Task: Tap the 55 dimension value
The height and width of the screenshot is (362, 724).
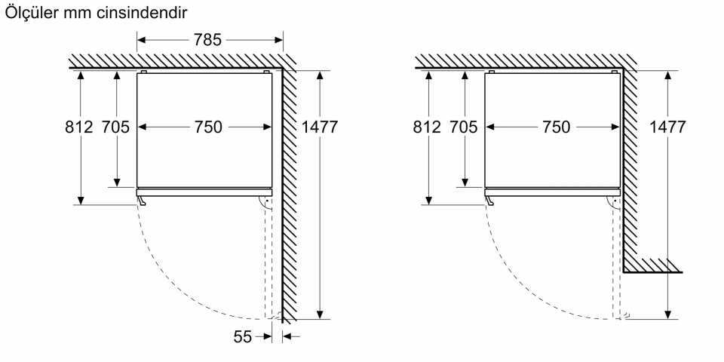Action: [x=242, y=336]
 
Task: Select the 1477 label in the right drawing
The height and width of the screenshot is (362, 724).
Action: [x=667, y=127]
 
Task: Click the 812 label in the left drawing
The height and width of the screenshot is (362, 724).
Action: [x=78, y=127]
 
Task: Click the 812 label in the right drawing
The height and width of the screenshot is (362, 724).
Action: [x=426, y=127]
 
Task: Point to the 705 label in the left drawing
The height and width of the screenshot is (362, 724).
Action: [x=116, y=127]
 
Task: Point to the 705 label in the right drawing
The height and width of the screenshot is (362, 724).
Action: [x=464, y=127]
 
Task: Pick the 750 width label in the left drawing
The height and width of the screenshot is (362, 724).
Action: [x=207, y=127]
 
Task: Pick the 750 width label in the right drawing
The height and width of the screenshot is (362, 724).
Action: [x=555, y=127]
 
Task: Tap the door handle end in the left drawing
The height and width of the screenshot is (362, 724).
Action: [x=141, y=201]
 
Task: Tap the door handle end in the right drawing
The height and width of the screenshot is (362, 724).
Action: [x=489, y=201]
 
